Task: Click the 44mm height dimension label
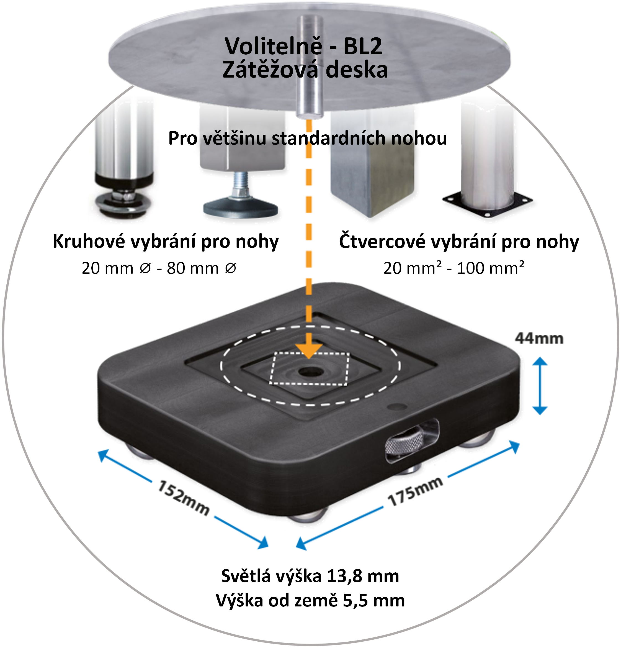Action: (x=539, y=339)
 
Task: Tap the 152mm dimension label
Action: (x=184, y=498)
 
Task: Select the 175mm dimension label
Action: (x=415, y=492)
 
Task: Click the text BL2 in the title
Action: (x=363, y=46)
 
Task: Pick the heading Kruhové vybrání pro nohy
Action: (x=166, y=241)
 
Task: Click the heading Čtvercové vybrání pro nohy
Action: (x=459, y=242)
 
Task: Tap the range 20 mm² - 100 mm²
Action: (x=454, y=268)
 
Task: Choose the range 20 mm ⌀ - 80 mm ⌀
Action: (x=159, y=268)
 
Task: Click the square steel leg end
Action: (x=372, y=165)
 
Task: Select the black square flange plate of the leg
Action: (x=487, y=202)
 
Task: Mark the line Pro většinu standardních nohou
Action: (x=308, y=138)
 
